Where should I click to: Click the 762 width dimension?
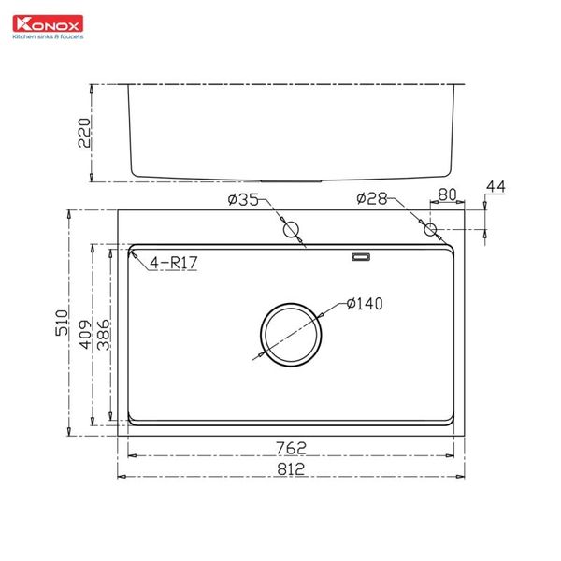coord(292,446)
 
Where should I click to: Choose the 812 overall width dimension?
coord(292,467)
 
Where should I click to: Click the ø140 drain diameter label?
coord(366,303)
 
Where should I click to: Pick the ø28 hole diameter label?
coord(373,199)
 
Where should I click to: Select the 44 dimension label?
coord(495,189)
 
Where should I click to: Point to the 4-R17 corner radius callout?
coord(174,263)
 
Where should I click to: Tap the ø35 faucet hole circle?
coord(291,229)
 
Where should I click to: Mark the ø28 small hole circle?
coord(430,229)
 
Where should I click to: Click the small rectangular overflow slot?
coord(360,255)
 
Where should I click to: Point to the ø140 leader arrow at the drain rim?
coord(321,313)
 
